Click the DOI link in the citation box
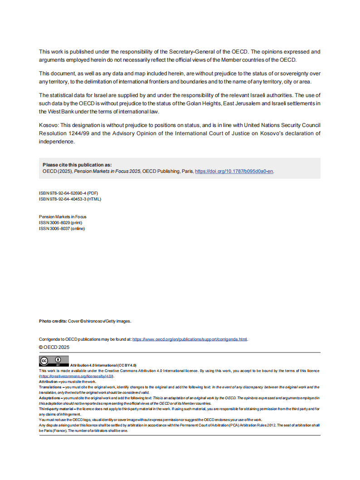[x=234, y=171]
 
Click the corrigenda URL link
[x=190, y=339]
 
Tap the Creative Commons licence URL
[x=77, y=376]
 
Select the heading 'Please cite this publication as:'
[x=77, y=165]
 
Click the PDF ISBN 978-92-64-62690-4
[x=68, y=193]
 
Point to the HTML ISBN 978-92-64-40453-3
[x=70, y=199]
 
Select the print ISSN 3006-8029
[x=60, y=223]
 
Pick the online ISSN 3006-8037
[x=62, y=229]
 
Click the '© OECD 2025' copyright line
[x=54, y=347]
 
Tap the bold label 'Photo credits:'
[x=53, y=321]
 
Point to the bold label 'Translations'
[x=50, y=387]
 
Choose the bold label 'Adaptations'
[x=50, y=398]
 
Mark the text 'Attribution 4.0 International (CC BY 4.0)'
[x=103, y=365]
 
